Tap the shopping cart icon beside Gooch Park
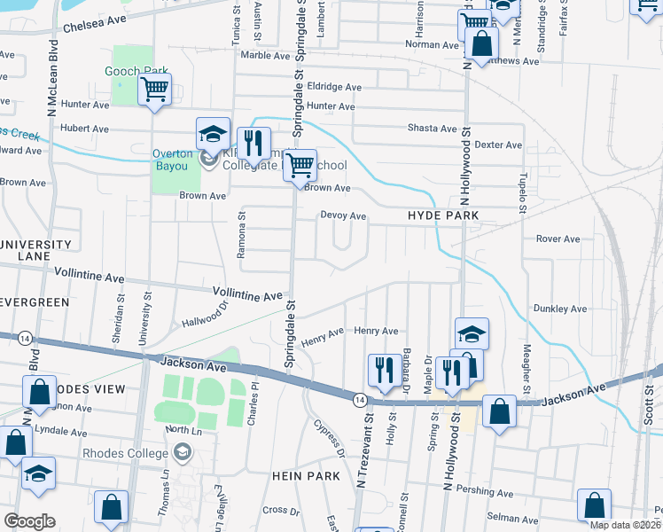tap(155, 90)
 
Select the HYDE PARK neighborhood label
tap(443, 215)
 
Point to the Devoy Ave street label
tap(343, 215)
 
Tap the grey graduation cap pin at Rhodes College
tap(183, 453)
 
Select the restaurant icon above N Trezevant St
tap(383, 370)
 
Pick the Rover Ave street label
tap(558, 239)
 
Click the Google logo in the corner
tap(28, 520)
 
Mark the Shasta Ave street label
tap(432, 129)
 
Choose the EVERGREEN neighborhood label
tap(35, 302)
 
